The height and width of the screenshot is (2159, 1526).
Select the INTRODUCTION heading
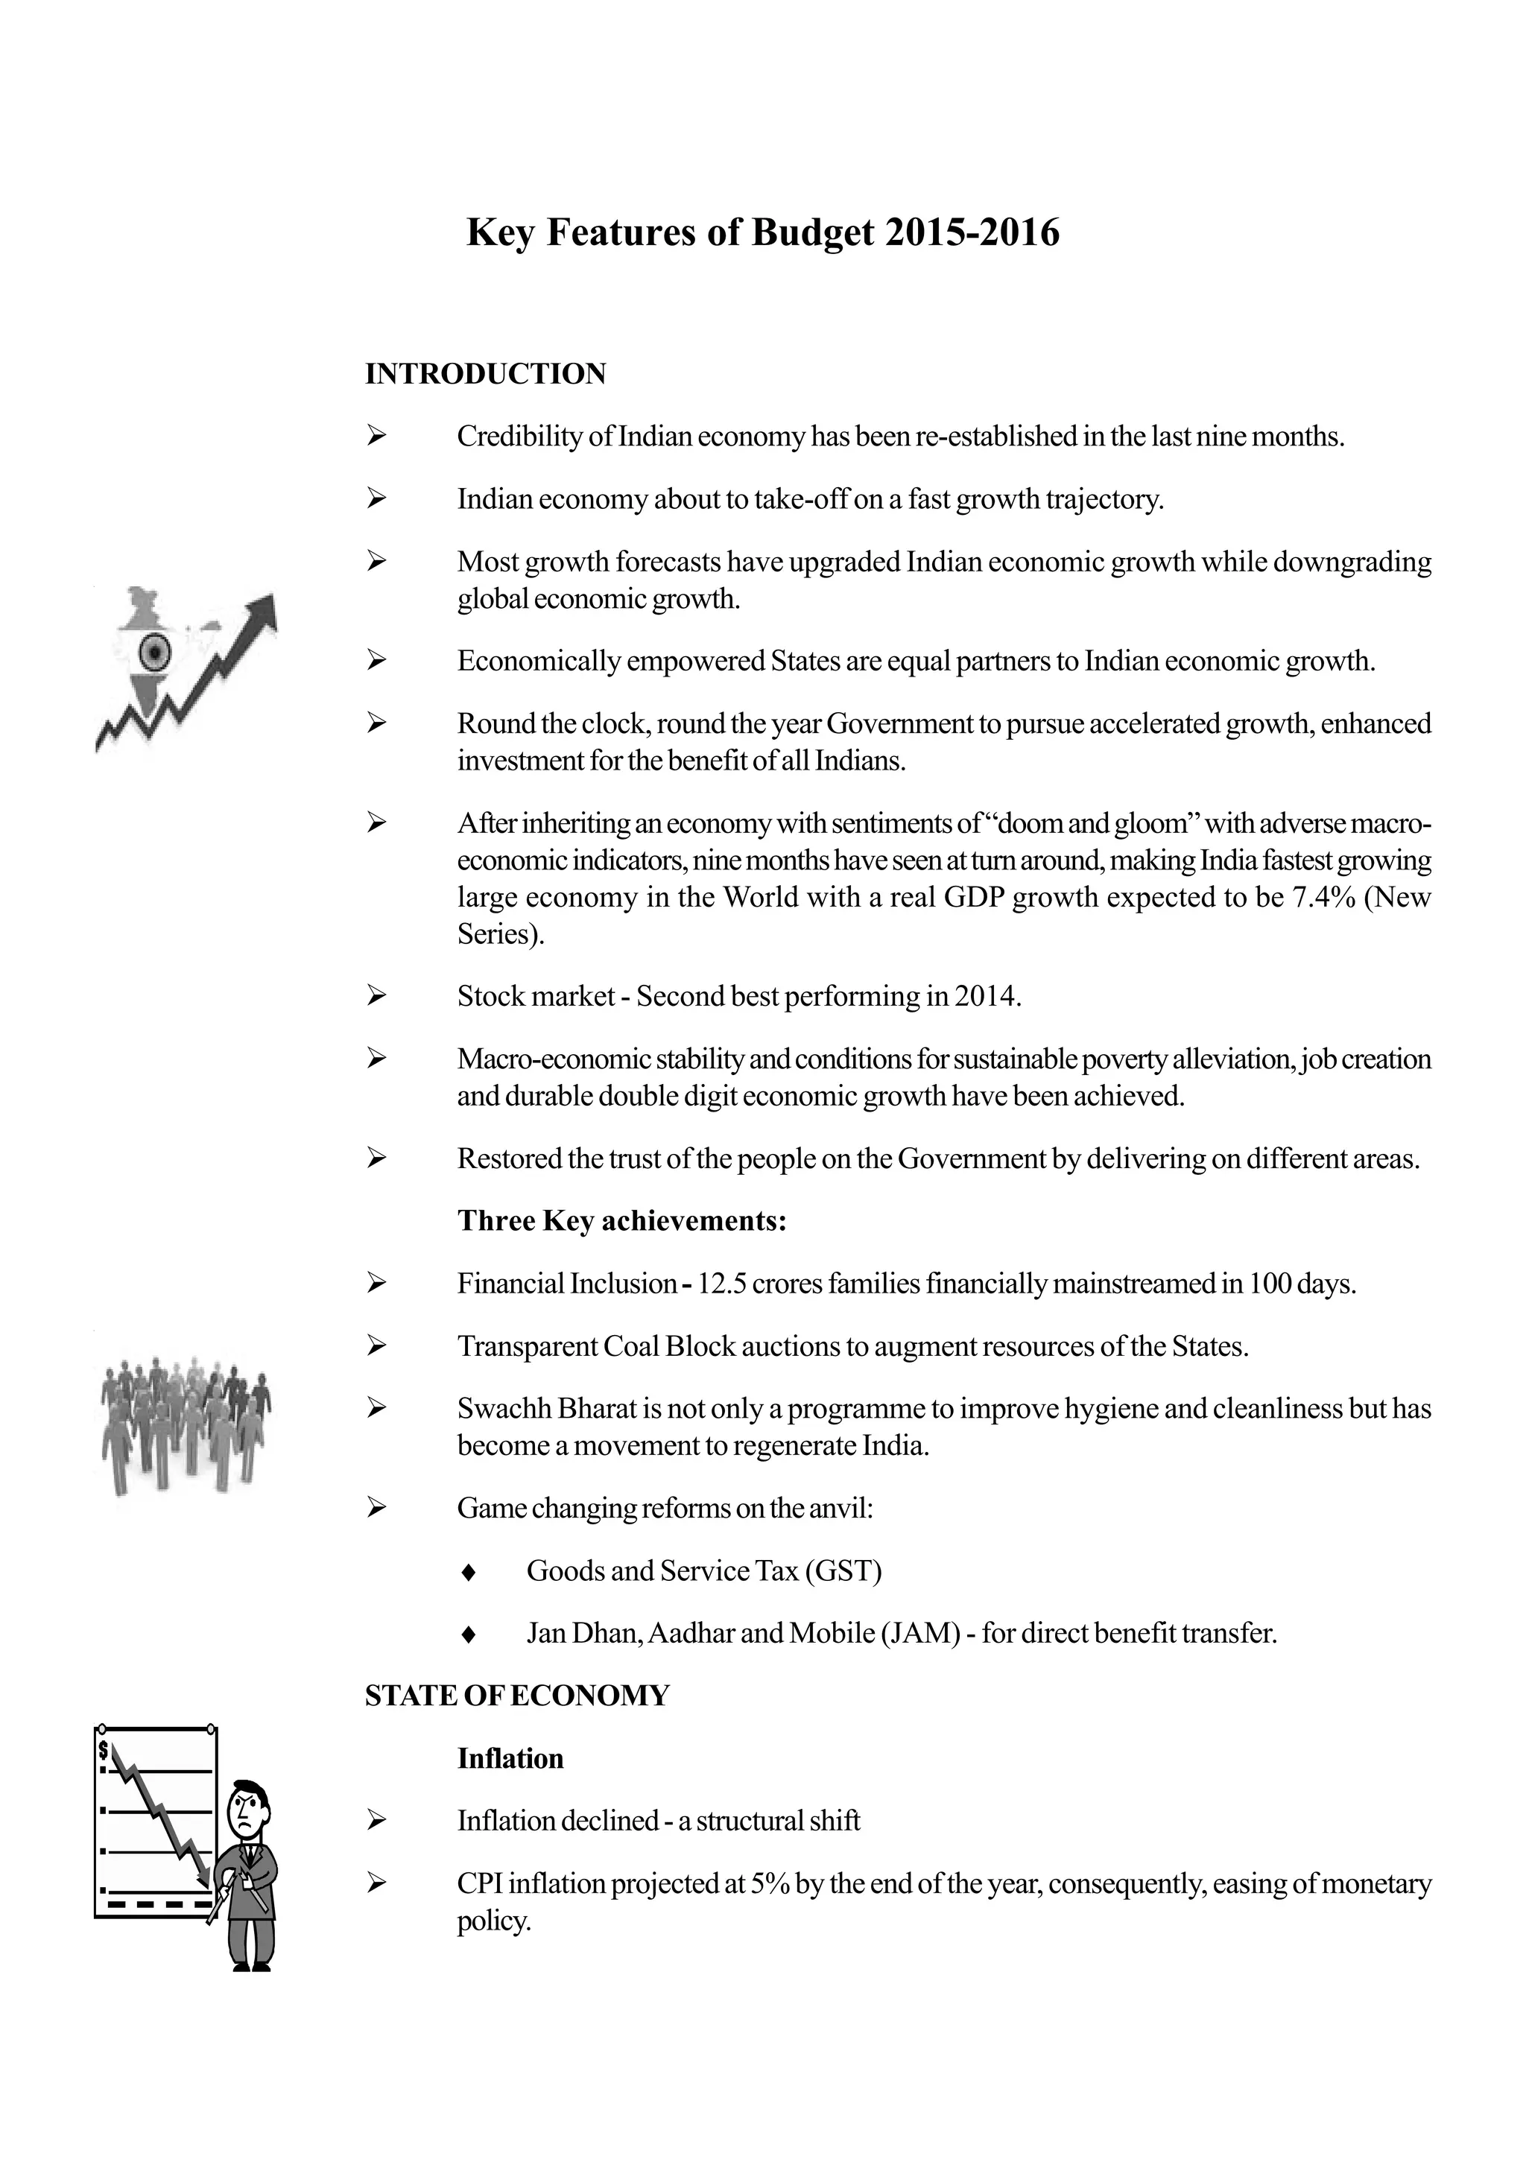tap(485, 374)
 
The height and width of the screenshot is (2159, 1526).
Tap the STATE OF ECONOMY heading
tap(517, 1696)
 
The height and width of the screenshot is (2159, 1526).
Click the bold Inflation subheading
tap(510, 1758)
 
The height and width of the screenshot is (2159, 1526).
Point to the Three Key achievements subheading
tap(621, 1220)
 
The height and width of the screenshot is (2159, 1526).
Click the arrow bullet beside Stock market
tap(377, 996)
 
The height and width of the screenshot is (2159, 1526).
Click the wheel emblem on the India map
tap(153, 650)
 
